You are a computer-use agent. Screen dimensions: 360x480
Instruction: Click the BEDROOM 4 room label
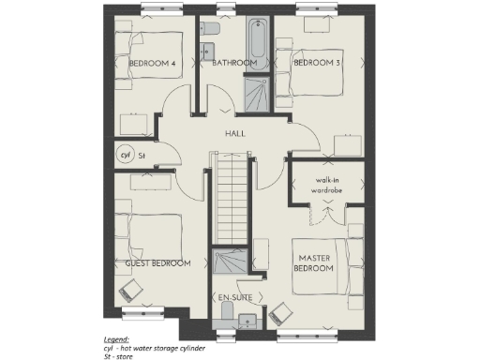coord(152,64)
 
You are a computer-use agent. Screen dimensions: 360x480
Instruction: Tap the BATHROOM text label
coord(234,64)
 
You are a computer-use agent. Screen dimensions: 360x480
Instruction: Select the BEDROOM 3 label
coord(317,64)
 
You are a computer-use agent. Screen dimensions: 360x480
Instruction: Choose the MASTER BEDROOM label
coord(315,262)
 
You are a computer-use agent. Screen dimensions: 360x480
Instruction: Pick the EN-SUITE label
coord(234,298)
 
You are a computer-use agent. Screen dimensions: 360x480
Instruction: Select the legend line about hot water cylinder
coord(154,347)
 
